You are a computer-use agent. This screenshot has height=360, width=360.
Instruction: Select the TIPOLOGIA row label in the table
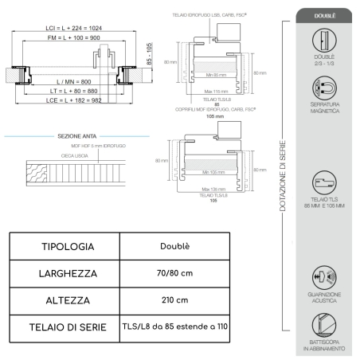68,247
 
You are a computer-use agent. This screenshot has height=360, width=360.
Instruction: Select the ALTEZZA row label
68,301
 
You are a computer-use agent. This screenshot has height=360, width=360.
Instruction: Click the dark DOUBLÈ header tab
324,15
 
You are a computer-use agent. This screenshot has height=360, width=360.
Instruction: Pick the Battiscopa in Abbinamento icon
324,324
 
